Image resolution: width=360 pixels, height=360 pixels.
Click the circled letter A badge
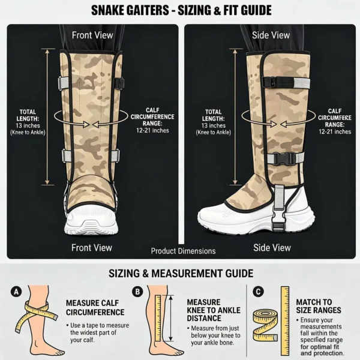point(16,292)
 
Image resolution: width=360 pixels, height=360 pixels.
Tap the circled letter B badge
point(137,292)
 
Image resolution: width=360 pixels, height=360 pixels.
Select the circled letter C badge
point(258,292)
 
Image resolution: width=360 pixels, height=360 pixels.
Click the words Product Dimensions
point(183,251)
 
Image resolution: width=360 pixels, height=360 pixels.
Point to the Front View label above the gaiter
point(92,35)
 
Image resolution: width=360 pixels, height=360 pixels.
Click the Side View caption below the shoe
point(272,248)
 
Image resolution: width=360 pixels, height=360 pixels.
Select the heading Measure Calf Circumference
point(95,308)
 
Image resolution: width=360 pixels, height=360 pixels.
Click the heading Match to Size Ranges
point(319,306)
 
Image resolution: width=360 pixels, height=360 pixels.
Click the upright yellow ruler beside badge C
point(285,321)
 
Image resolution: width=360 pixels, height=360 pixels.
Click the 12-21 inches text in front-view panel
point(152,130)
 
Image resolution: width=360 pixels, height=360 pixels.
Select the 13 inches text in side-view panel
point(213,125)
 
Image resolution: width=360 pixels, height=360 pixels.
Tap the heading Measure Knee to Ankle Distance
point(214,310)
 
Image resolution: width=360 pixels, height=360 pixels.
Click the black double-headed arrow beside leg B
point(170,318)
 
